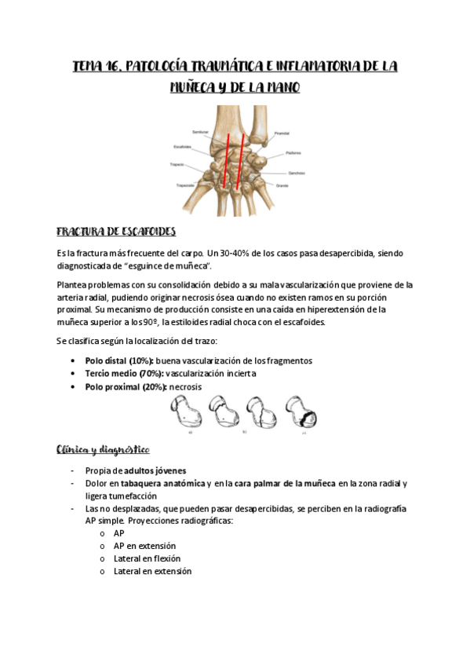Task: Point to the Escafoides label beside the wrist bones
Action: [183, 146]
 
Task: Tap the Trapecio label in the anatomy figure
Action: [177, 165]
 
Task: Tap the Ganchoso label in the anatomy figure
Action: [295, 172]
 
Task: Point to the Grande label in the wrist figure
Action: [283, 185]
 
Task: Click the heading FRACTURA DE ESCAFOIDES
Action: [115, 232]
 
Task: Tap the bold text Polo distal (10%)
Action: [119, 360]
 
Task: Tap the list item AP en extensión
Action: [144, 546]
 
